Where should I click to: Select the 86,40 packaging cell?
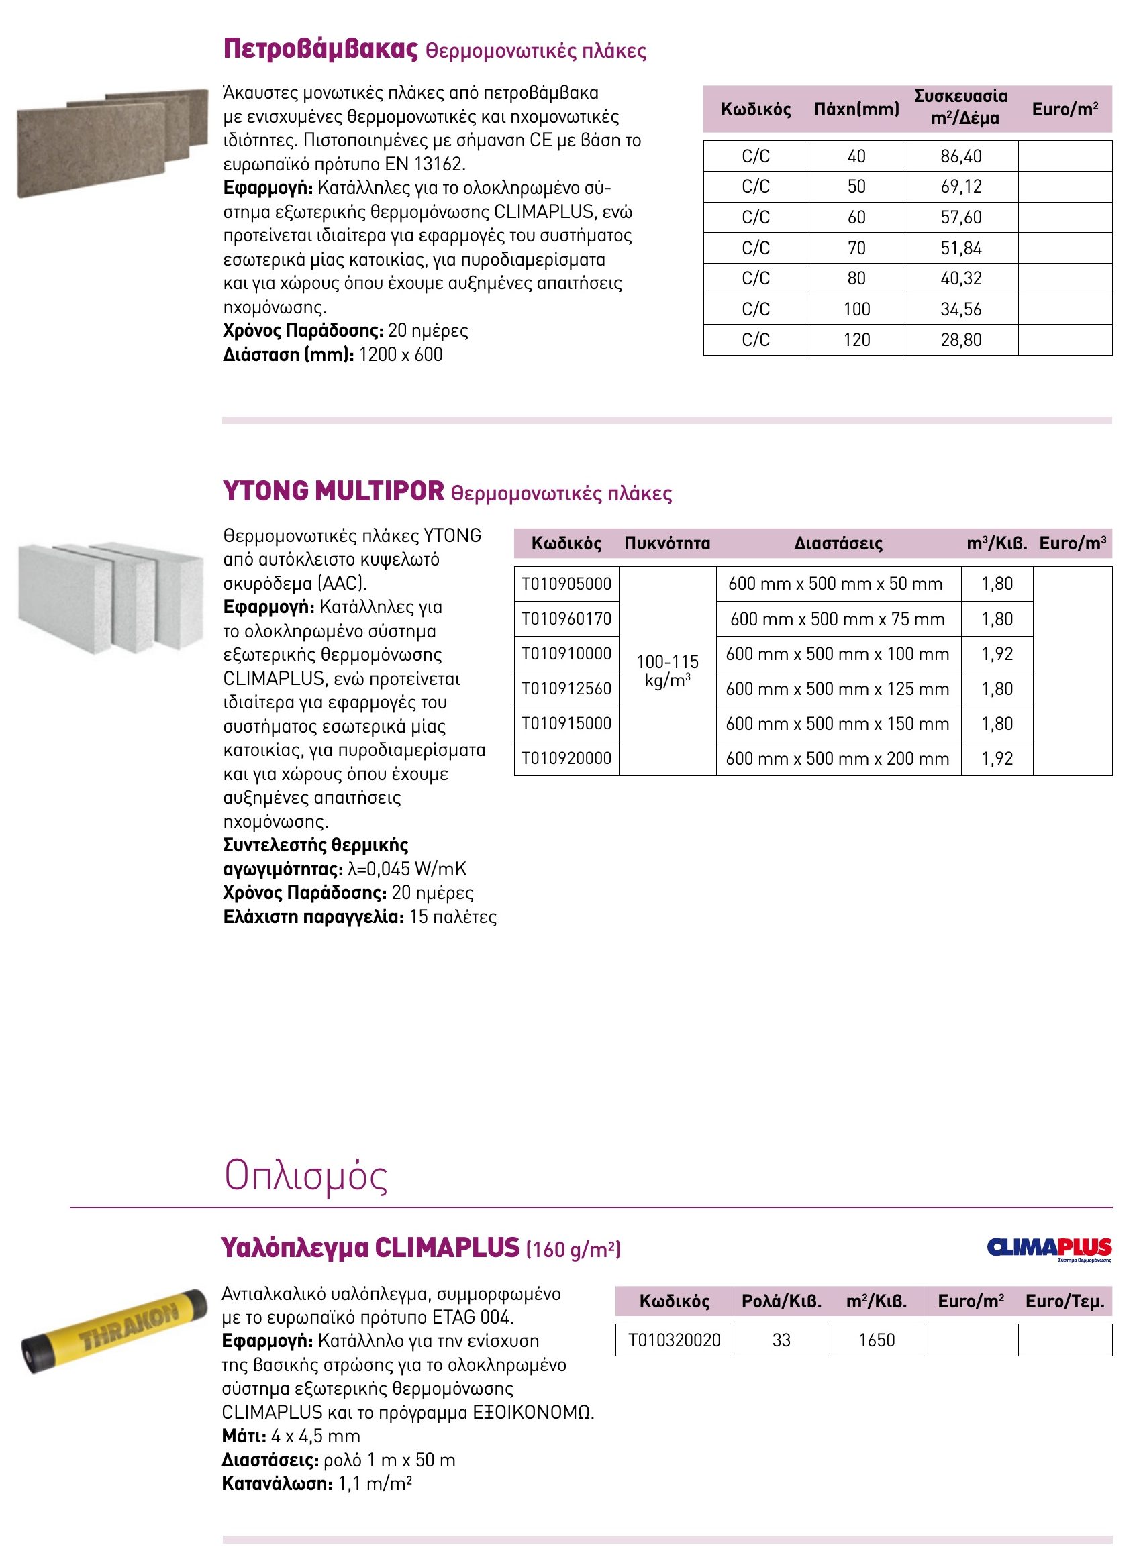pyautogui.click(x=961, y=156)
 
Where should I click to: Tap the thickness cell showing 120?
pyautogui.click(x=856, y=339)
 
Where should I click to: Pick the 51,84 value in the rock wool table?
pyautogui.click(x=961, y=248)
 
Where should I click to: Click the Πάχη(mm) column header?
pyautogui.click(x=856, y=109)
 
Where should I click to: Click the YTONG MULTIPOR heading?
pyautogui.click(x=334, y=492)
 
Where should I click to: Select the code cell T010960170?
pyautogui.click(x=566, y=619)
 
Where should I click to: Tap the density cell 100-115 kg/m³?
pyautogui.click(x=667, y=671)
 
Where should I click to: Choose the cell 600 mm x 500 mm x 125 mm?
pyautogui.click(x=838, y=688)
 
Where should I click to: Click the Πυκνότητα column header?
pyautogui.click(x=666, y=543)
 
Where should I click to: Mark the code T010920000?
pyautogui.click(x=566, y=758)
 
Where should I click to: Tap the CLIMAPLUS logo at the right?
pyautogui.click(x=1048, y=1249)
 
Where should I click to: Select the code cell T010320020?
pyautogui.click(x=675, y=1340)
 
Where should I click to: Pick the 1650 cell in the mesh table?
pyautogui.click(x=877, y=1340)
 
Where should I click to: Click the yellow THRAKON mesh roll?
pyautogui.click(x=113, y=1330)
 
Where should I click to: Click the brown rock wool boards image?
pyautogui.click(x=112, y=143)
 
